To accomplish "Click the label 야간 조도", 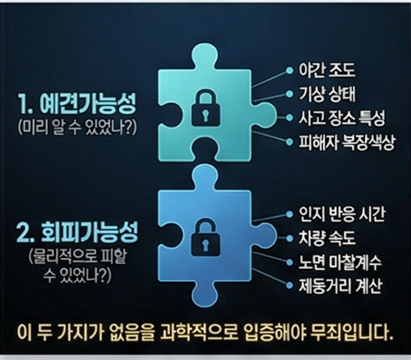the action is tap(327, 70).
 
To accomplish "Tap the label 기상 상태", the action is tap(327, 94).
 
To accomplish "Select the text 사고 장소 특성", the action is tap(341, 118).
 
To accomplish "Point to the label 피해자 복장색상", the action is tap(346, 142).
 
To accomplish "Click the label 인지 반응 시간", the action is tap(341, 214).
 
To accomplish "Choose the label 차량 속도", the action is tap(327, 238).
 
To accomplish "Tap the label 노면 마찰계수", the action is tap(340, 262).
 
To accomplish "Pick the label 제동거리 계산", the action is tap(341, 286).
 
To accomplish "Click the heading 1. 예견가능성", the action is tap(77, 104).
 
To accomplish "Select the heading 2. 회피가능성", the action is tap(77, 232).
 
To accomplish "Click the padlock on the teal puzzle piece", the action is tap(205, 108).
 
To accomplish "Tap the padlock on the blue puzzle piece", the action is tap(205, 237).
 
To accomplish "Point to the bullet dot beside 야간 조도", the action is tap(290, 70).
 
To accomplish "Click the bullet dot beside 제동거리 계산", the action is tap(290, 286).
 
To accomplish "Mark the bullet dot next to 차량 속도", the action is tap(290, 239).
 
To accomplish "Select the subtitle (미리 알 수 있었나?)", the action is tap(78, 127).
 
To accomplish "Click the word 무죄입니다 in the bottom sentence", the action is tap(350, 332).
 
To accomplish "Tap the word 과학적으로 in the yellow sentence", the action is tap(199, 332).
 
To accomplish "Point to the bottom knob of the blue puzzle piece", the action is tap(204, 294).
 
